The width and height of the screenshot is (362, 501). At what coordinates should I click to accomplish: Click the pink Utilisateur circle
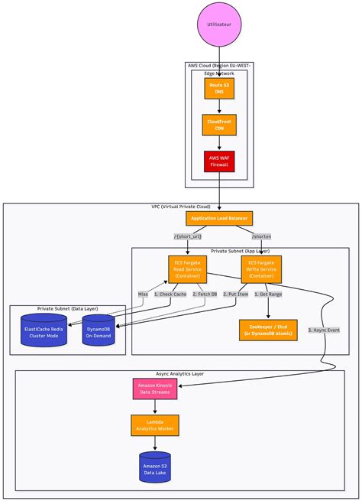point(219,24)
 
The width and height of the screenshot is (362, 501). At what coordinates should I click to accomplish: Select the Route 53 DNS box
point(219,89)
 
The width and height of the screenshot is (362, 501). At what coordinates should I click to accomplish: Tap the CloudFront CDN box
point(219,125)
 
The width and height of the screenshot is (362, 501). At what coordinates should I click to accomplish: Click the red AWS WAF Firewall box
point(219,161)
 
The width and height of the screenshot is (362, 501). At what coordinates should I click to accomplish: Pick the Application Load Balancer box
point(219,218)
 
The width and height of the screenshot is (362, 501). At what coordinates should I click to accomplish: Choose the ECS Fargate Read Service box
point(187,270)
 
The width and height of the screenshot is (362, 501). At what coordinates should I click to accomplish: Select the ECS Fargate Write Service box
point(261,270)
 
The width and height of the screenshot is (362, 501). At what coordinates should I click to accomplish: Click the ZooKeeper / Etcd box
point(268,330)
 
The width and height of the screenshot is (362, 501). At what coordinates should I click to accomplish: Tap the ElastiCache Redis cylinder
point(44,330)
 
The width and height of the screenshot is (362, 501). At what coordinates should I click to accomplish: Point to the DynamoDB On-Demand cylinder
point(98,330)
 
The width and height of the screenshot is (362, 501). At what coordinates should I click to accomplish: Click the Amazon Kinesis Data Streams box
point(155,388)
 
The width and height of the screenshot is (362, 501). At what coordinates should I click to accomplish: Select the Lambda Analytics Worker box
point(155,425)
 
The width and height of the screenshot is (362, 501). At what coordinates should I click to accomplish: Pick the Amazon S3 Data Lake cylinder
point(155,467)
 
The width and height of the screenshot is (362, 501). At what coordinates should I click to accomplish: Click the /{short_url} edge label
point(187,236)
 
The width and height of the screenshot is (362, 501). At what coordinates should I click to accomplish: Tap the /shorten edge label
point(261,236)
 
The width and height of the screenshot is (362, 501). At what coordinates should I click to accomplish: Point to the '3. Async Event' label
point(324,330)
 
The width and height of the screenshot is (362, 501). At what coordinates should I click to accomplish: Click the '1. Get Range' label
point(268,294)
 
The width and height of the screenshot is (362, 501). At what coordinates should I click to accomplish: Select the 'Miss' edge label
point(143,294)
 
